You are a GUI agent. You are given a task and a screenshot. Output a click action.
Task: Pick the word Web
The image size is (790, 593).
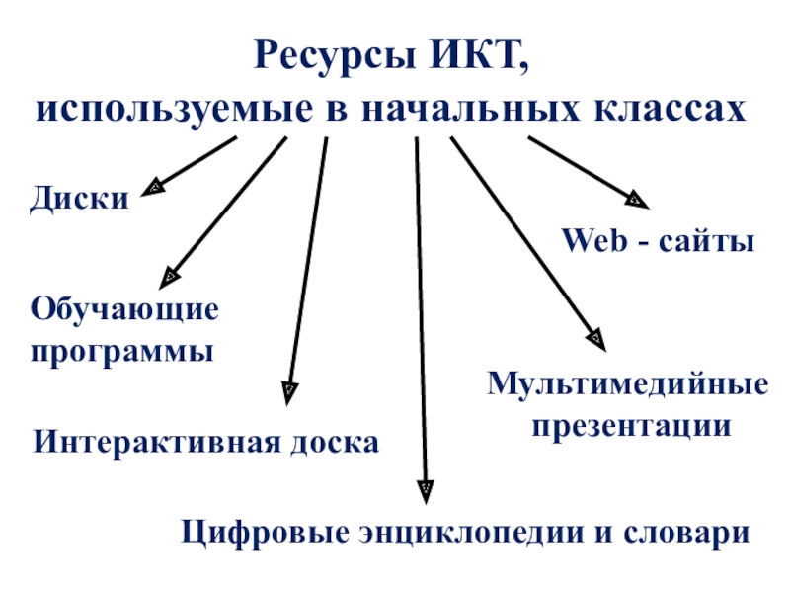(590, 241)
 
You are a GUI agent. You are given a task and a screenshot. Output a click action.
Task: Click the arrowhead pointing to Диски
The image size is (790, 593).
(155, 186)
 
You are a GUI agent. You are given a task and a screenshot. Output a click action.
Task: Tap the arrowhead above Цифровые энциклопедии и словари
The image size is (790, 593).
(425, 486)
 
